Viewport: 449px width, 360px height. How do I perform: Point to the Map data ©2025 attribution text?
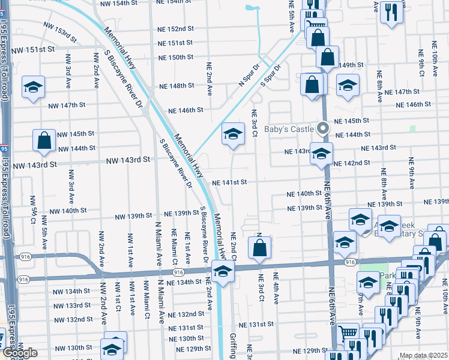click(423, 355)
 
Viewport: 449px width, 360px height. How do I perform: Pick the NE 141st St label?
click(229, 182)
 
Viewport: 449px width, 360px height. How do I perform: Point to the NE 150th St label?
click(175, 58)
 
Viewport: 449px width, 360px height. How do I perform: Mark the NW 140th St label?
click(68, 211)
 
